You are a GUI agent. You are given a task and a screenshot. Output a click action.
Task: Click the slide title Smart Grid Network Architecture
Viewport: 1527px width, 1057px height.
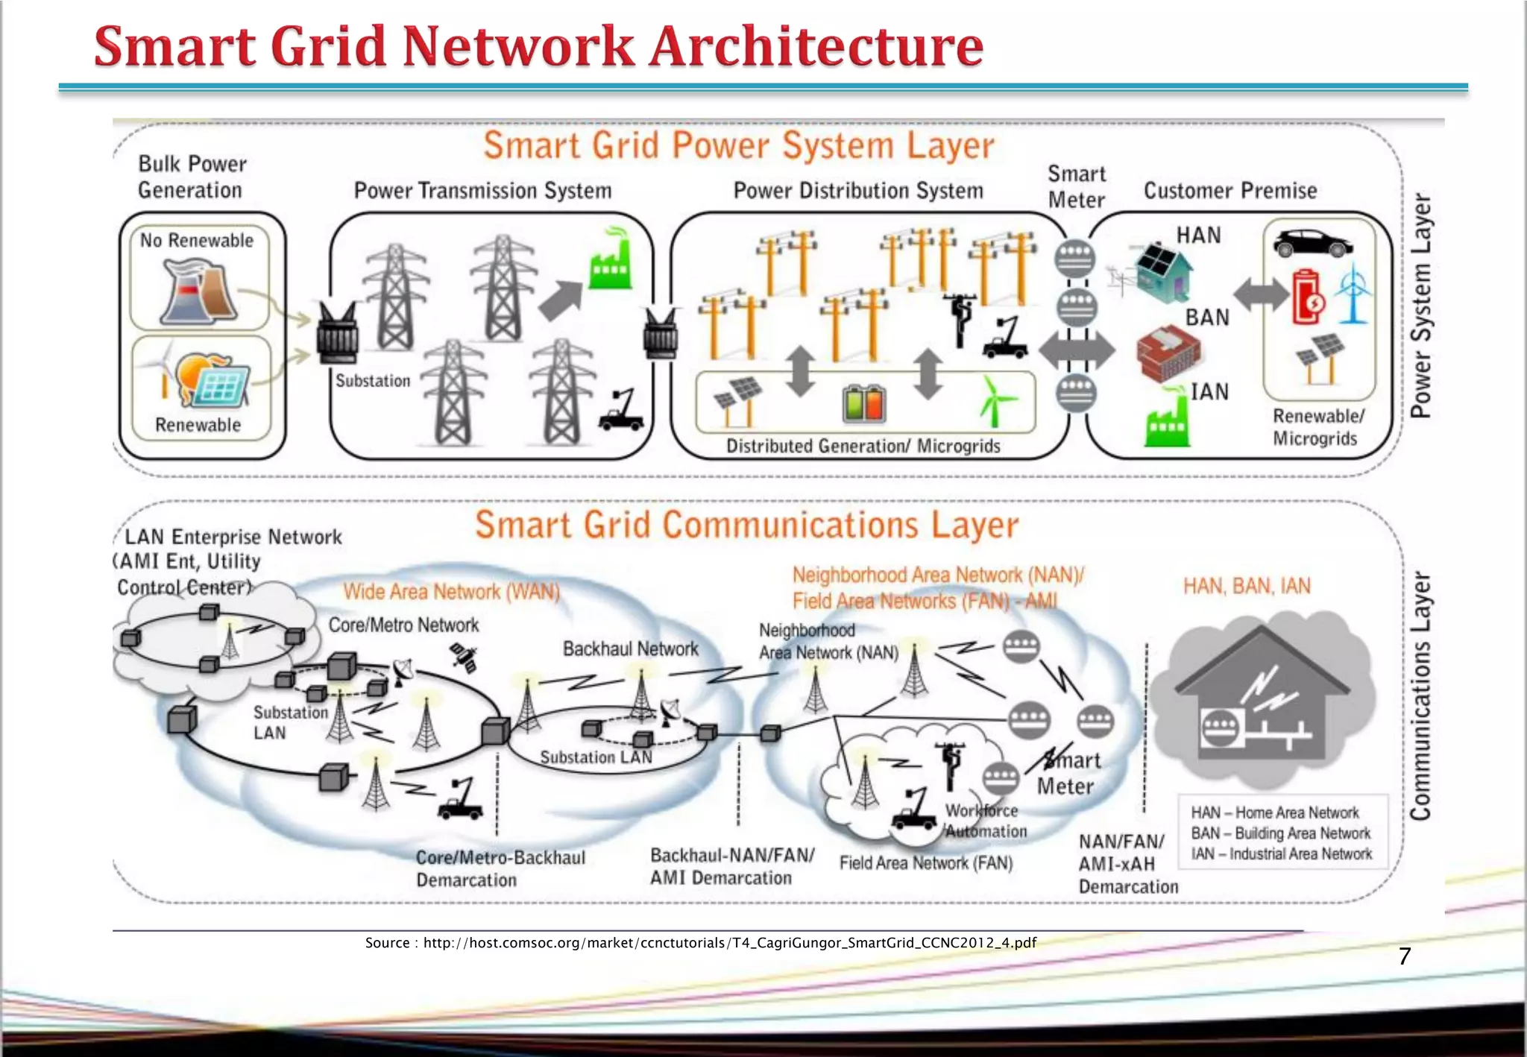[x=538, y=46]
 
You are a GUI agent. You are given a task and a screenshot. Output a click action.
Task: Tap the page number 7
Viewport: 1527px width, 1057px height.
[x=1405, y=956]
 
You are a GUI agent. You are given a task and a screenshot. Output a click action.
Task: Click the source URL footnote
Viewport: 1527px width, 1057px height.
[x=700, y=943]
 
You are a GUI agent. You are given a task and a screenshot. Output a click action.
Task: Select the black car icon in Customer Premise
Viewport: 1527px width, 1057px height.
[x=1312, y=243]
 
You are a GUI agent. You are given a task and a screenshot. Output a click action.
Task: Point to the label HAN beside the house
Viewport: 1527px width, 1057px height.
[x=1198, y=236]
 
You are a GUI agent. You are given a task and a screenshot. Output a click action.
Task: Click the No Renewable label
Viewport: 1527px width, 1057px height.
[x=197, y=241]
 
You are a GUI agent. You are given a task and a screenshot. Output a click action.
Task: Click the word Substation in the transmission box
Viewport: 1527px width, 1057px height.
[x=373, y=381]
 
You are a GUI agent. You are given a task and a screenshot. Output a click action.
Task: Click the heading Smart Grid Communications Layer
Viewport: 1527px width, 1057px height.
[x=746, y=525]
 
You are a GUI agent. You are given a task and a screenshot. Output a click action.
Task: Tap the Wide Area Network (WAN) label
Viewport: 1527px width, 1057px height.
[x=451, y=592]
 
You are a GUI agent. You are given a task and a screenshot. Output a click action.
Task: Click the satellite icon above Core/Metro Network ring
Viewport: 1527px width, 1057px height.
[x=464, y=658]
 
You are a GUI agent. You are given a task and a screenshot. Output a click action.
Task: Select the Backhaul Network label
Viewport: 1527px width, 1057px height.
[x=630, y=649]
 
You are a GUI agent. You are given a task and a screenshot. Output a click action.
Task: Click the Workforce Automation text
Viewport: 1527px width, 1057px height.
[x=984, y=821]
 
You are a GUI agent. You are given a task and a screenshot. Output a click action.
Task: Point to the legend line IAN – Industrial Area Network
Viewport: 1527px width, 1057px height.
[x=1281, y=854]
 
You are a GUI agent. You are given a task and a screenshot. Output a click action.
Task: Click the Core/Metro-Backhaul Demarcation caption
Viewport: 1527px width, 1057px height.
[x=500, y=869]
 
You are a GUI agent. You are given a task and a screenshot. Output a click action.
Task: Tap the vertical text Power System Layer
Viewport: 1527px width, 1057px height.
[x=1421, y=306]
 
